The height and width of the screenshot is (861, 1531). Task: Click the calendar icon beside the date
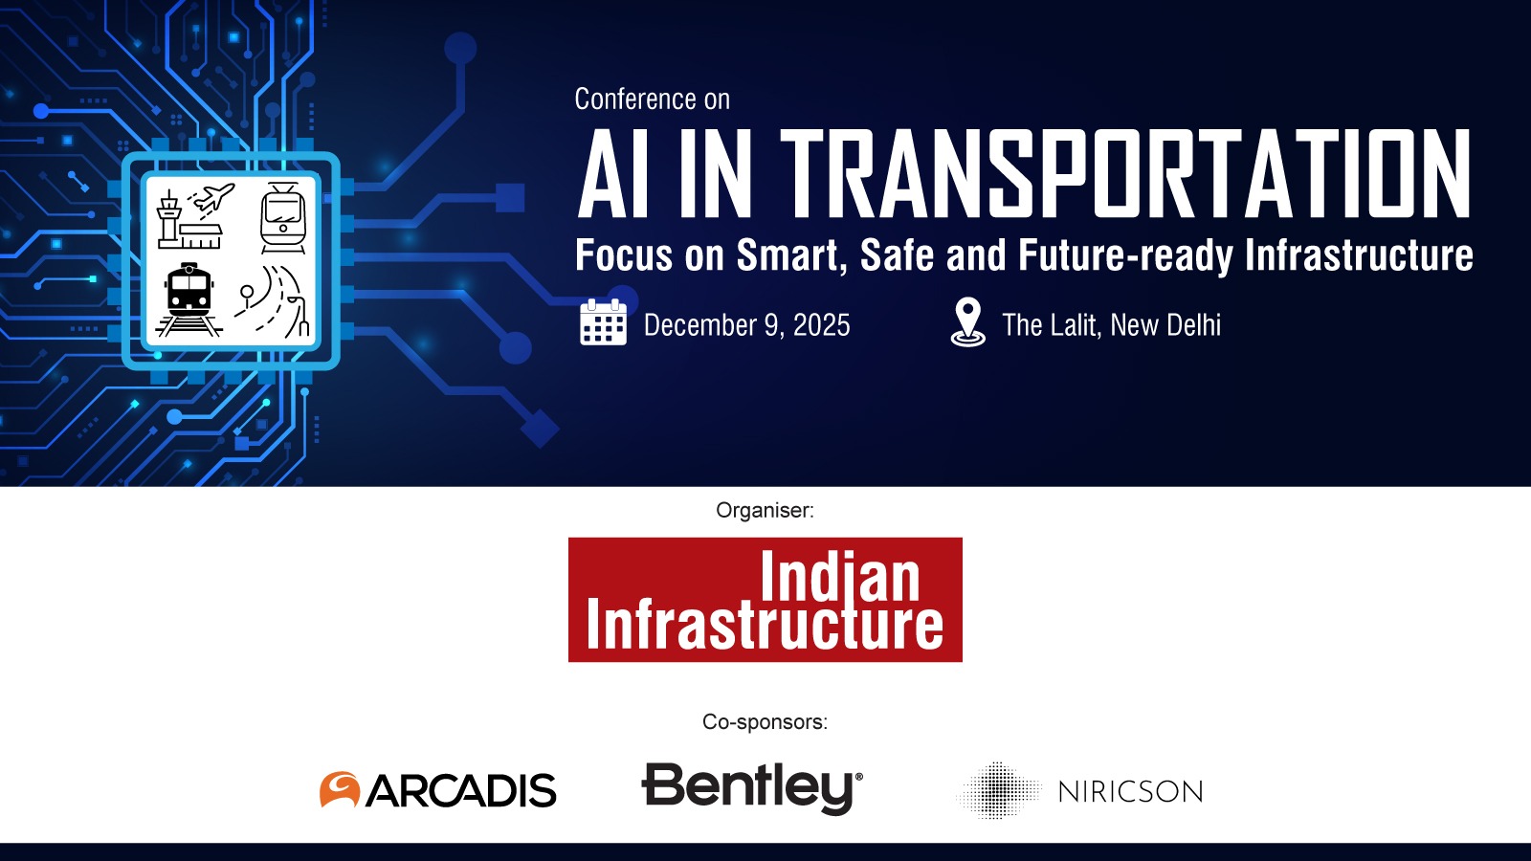[x=603, y=322]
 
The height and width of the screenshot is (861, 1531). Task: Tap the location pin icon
[x=967, y=322]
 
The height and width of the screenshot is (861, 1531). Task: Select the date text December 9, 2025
[x=746, y=325]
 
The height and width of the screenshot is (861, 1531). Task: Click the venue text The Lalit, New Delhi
[x=1111, y=325]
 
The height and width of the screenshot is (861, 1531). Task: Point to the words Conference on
[x=652, y=99]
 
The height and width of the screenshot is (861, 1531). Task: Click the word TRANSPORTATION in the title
[x=1126, y=175]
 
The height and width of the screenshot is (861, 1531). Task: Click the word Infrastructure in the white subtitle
[x=1359, y=255]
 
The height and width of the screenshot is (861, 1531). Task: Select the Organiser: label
[x=765, y=511]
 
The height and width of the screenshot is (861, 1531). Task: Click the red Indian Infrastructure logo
[x=765, y=600]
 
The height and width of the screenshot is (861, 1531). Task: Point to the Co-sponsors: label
[x=765, y=722]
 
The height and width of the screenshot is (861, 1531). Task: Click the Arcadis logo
[x=437, y=790]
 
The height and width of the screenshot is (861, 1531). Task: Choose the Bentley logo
[x=752, y=787]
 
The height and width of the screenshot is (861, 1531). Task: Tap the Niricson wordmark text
[x=1130, y=792]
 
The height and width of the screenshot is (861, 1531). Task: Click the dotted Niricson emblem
[x=998, y=790]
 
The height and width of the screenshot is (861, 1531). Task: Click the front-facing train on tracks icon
[x=189, y=298]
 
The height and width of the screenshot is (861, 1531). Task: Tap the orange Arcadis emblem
[x=340, y=789]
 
